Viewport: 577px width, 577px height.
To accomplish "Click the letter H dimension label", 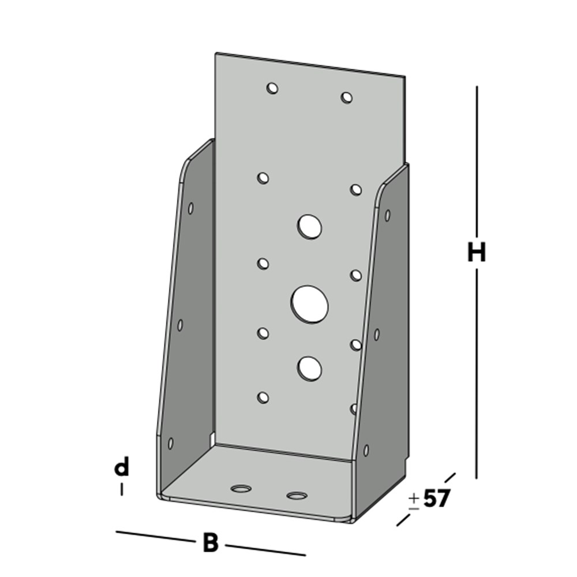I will [x=477, y=253].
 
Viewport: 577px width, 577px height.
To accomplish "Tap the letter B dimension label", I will [x=211, y=543].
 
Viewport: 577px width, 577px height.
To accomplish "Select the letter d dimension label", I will [x=121, y=468].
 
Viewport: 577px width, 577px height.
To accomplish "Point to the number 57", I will [x=436, y=499].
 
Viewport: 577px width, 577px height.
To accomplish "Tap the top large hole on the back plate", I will [x=310, y=226].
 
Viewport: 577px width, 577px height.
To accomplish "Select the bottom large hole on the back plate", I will [x=310, y=368].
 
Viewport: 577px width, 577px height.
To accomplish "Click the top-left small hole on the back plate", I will [x=272, y=88].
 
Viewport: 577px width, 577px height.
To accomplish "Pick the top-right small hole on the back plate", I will [x=346, y=97].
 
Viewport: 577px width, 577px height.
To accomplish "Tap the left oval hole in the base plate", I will [x=241, y=489].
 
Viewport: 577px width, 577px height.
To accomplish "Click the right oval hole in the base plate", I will [x=297, y=495].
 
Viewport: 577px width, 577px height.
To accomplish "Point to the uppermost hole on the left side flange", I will [x=191, y=208].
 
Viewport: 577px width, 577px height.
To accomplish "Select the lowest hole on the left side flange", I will [x=171, y=443].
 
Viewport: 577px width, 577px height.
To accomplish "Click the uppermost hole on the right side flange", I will [x=387, y=215].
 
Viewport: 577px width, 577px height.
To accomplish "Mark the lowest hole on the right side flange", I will [x=366, y=449].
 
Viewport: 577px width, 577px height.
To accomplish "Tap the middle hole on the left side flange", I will [x=180, y=325].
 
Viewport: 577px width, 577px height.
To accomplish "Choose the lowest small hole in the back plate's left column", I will [x=263, y=397].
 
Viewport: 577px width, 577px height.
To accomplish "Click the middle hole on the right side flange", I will [x=377, y=334].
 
